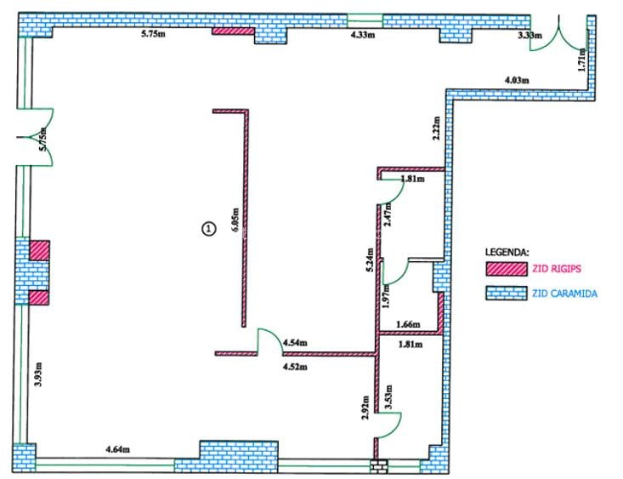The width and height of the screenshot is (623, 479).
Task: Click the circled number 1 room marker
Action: point(207,227)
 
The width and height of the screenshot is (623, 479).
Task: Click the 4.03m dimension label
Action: point(517,80)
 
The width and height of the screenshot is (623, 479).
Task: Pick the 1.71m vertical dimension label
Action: point(581,59)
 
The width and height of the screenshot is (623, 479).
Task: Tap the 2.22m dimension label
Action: point(436,128)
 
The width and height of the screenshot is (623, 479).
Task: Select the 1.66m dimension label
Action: point(409,325)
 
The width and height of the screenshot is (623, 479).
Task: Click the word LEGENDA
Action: point(507,253)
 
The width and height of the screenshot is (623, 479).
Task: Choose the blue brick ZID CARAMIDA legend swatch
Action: point(505,294)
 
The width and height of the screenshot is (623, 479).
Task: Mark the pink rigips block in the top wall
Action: point(233,31)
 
